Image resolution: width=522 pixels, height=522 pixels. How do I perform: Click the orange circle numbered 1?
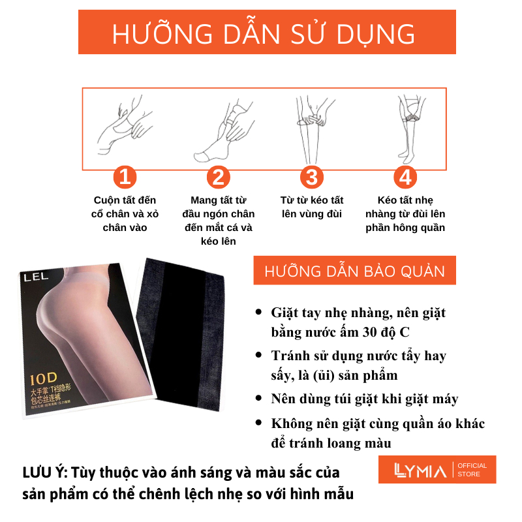coord(125,177)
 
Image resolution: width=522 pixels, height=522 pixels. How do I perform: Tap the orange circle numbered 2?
coord(219,177)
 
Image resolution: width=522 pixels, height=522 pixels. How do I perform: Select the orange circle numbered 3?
coord(312,177)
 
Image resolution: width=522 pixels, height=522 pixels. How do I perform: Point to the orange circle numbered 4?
coord(405,177)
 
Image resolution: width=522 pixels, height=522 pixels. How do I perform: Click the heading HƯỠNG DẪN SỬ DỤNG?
coord(264,33)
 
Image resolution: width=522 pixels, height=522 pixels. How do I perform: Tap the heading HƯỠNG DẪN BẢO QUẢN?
coord(354,271)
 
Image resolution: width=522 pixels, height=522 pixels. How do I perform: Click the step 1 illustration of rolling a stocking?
coord(124,125)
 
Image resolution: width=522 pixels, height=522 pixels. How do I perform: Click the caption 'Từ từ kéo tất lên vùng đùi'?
coord(312,207)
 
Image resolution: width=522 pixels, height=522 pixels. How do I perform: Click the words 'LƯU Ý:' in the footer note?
coord(47,472)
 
